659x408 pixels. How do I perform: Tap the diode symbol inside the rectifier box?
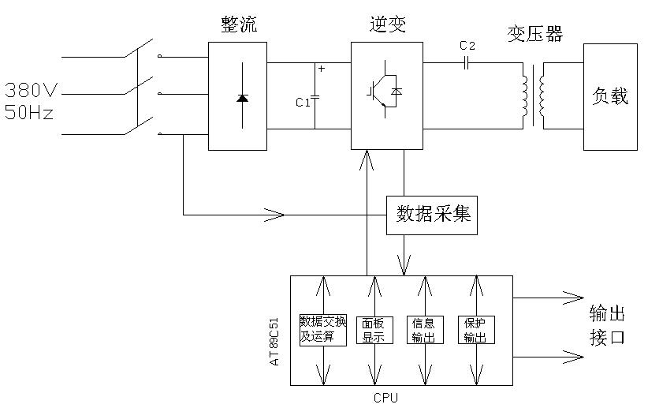(x=241, y=98)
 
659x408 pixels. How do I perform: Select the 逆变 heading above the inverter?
(x=385, y=24)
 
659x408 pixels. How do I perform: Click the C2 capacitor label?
(x=467, y=46)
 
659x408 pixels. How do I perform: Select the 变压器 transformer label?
(x=536, y=34)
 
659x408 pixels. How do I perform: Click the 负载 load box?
(x=609, y=96)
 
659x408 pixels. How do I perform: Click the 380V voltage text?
(x=30, y=88)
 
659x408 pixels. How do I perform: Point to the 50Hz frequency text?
(x=29, y=112)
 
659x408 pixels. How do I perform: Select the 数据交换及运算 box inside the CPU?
(x=322, y=329)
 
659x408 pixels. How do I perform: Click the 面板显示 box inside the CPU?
(x=374, y=330)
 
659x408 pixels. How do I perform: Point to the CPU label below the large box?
(x=386, y=397)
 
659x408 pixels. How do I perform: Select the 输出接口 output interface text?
(x=607, y=326)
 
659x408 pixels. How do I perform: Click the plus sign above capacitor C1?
(x=321, y=69)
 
